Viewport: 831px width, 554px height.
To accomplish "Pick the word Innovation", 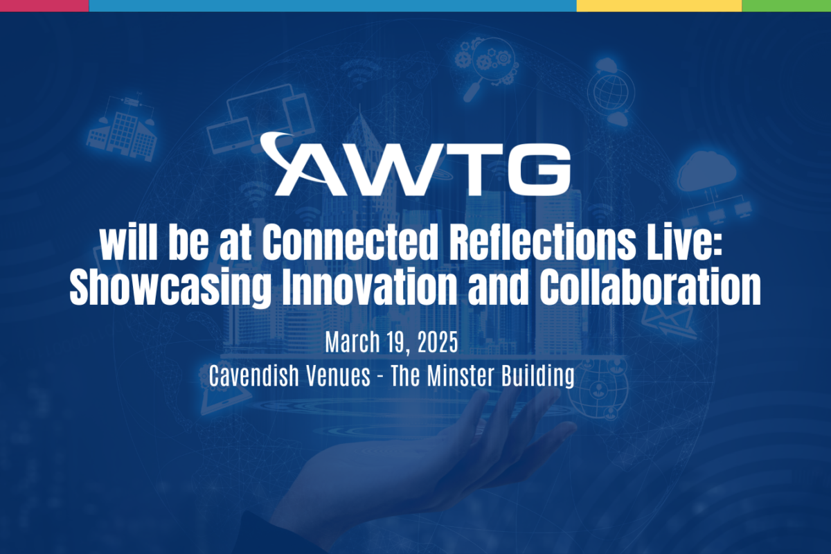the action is [369, 287].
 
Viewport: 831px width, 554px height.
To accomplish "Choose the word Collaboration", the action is [650, 287].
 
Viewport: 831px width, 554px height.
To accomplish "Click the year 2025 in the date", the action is [438, 342].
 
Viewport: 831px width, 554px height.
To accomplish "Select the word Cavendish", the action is [253, 375].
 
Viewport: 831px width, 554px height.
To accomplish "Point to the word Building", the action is [537, 377].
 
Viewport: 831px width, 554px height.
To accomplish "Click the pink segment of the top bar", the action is [44, 6].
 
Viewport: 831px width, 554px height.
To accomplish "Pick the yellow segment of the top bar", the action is [659, 6].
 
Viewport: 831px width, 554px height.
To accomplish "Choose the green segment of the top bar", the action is [787, 6].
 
